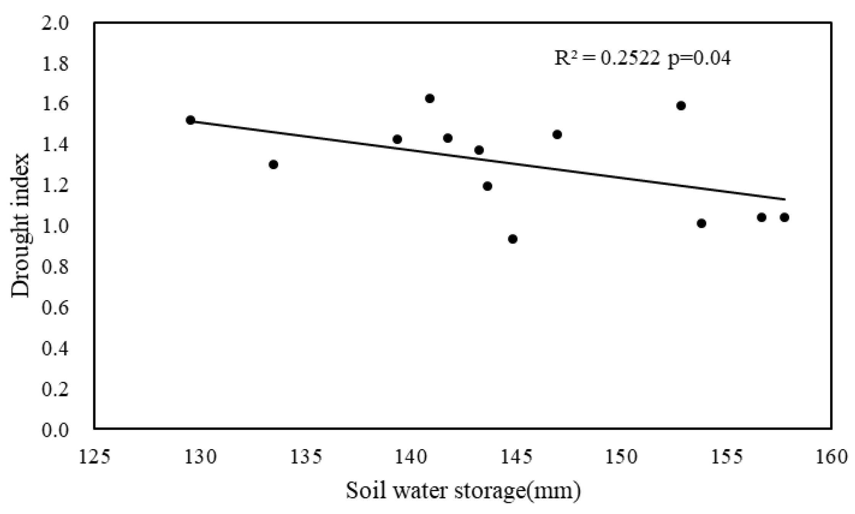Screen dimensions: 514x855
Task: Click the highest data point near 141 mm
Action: click(x=430, y=99)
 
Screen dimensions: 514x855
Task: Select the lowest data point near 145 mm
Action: click(x=513, y=239)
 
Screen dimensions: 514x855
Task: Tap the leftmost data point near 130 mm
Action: click(x=190, y=120)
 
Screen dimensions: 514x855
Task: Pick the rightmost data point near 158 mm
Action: click(x=784, y=217)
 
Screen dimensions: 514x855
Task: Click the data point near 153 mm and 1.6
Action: click(x=681, y=106)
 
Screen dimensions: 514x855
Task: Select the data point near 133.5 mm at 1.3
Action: click(x=273, y=165)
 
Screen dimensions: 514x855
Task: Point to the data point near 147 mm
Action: click(x=557, y=134)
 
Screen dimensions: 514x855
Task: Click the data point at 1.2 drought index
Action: click(x=487, y=186)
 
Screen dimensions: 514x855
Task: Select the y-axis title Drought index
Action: click(x=20, y=225)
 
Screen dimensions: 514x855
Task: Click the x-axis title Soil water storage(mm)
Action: click(x=463, y=491)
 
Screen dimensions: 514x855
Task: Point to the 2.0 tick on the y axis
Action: click(x=55, y=24)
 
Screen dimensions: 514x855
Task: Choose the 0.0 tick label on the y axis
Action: click(x=55, y=430)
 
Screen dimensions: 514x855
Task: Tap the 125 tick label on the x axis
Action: click(x=94, y=457)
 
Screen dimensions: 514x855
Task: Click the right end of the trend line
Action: click(x=784, y=199)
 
